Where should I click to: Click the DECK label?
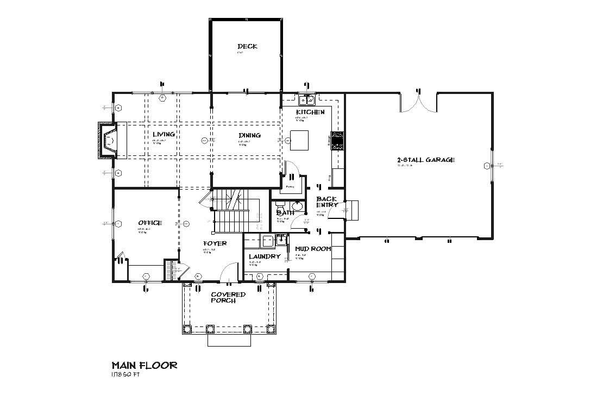[x=247, y=46]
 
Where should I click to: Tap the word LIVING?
[x=163, y=134]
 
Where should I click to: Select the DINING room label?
[x=249, y=135]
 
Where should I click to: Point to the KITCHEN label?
[x=310, y=112]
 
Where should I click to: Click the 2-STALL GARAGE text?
[x=425, y=160]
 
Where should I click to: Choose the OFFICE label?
[x=150, y=223]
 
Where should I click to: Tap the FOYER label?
[x=215, y=243]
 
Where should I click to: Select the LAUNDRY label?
[x=265, y=256]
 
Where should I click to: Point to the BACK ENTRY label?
[x=327, y=202]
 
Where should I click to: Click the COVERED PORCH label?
[x=228, y=297]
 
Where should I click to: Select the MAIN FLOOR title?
[x=144, y=365]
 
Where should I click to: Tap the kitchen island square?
[x=298, y=140]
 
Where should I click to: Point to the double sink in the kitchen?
[x=306, y=100]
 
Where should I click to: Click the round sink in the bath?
[x=297, y=207]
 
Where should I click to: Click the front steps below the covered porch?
[x=229, y=340]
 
